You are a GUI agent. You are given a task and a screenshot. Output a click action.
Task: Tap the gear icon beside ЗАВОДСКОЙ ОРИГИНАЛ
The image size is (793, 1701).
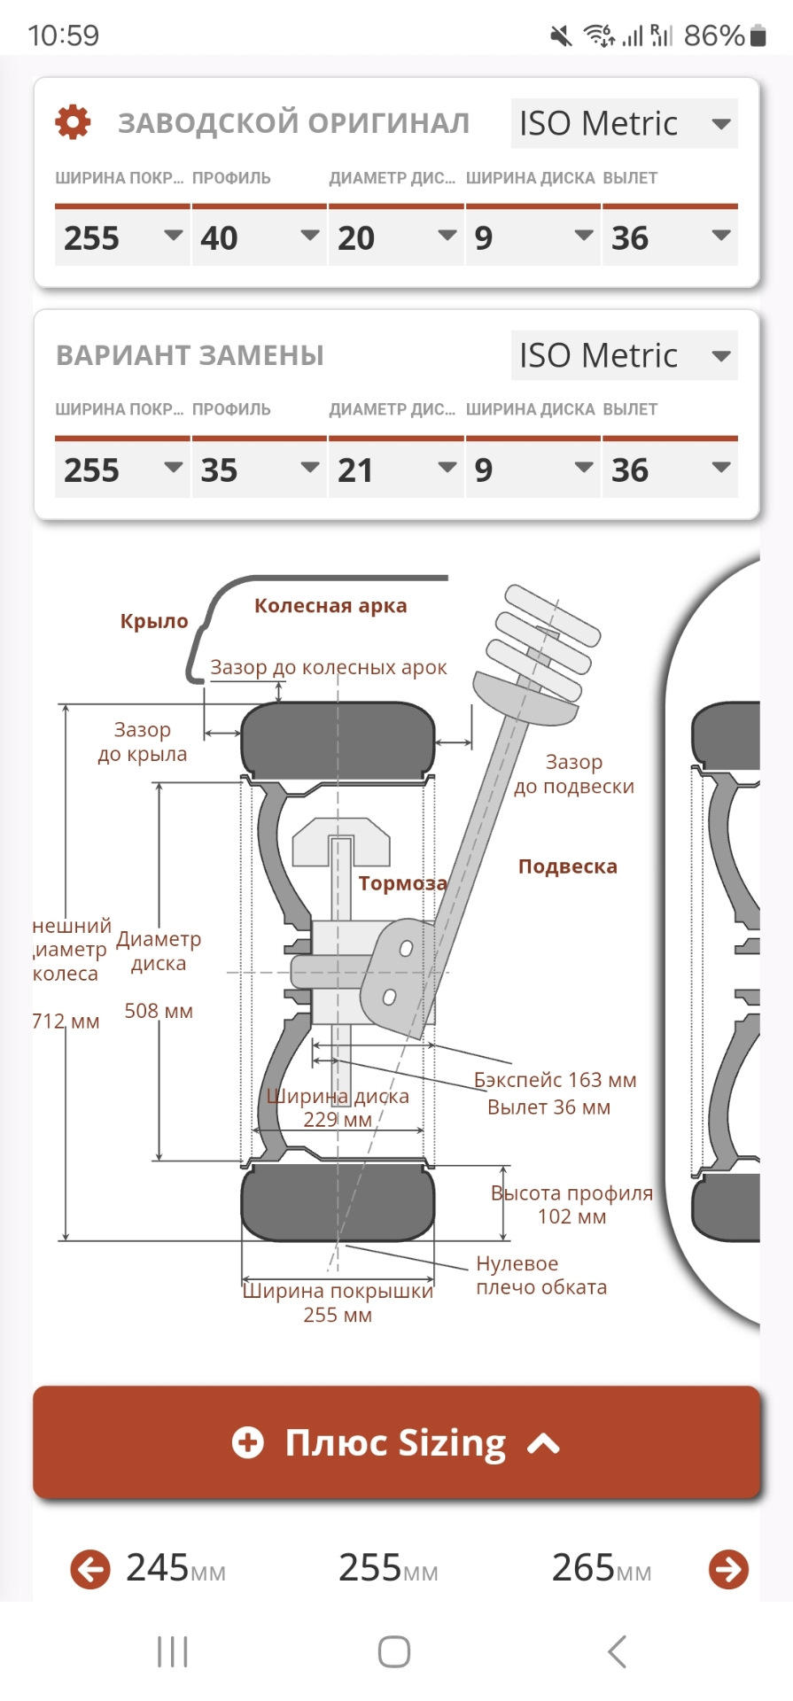(x=73, y=122)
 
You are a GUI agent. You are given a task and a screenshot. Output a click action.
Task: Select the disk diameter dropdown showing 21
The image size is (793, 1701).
(x=396, y=469)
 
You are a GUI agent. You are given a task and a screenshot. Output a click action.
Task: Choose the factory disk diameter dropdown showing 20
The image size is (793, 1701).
(x=396, y=237)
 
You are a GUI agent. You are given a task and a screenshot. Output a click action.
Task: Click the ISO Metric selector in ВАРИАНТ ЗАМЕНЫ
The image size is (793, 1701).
(x=624, y=355)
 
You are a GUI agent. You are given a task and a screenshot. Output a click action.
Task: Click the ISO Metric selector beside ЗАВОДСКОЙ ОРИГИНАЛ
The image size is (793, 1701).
(x=624, y=123)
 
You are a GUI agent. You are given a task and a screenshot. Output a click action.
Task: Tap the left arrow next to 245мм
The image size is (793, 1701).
(x=90, y=1569)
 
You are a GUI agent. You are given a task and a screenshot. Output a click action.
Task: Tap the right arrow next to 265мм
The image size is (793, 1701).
(x=728, y=1569)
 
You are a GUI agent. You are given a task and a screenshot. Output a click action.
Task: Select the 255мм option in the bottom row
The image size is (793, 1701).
(x=388, y=1568)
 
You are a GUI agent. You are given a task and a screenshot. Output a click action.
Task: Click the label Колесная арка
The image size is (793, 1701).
(x=330, y=606)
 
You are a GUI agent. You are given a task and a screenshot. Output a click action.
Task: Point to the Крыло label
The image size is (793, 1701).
(x=154, y=621)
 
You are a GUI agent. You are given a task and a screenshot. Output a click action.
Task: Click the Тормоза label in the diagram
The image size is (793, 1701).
(x=402, y=883)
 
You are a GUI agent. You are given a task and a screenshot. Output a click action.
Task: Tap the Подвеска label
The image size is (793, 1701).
(x=567, y=866)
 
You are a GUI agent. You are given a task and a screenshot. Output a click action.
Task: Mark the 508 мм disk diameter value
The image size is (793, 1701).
(x=159, y=1011)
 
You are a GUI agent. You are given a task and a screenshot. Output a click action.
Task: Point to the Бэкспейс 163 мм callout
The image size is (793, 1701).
(x=555, y=1080)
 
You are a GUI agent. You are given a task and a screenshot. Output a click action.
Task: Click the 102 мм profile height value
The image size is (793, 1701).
(x=571, y=1216)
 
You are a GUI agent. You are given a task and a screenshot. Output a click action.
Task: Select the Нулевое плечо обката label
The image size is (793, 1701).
(x=541, y=1275)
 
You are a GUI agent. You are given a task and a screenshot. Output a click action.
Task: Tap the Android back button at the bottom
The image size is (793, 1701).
(x=617, y=1651)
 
